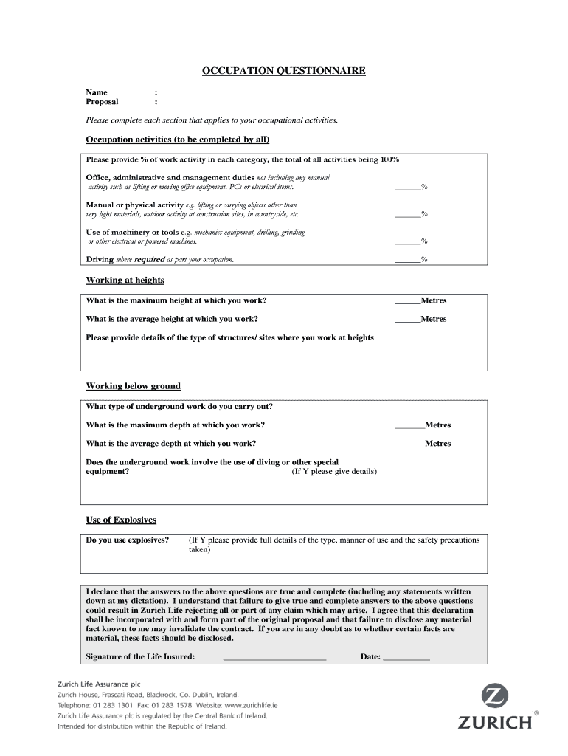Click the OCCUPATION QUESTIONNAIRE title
tap(284, 71)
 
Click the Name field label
tap(97, 92)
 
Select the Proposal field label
tap(103, 102)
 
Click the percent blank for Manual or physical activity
tap(407, 215)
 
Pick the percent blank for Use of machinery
tap(407, 241)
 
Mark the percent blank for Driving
tap(407, 260)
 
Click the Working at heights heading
tap(125, 281)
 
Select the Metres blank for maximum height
tap(407, 301)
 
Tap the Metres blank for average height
tap(407, 320)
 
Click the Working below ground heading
tap(133, 386)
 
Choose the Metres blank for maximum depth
tap(409, 426)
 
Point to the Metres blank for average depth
tap(409, 444)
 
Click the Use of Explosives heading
tap(121, 520)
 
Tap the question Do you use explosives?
tap(128, 540)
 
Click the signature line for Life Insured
tap(274, 657)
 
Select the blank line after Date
tap(406, 657)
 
